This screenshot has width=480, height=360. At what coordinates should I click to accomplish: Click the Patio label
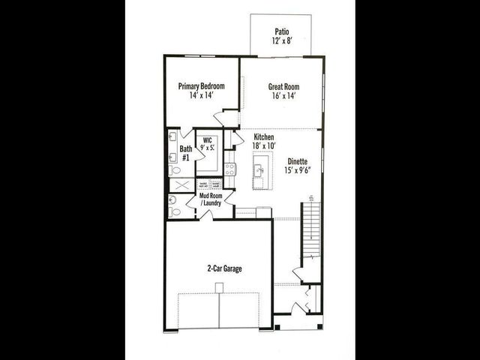pos(282,31)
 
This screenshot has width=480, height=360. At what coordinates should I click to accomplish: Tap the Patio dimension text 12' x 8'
pos(282,42)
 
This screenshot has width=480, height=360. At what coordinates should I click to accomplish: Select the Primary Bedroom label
pos(202,86)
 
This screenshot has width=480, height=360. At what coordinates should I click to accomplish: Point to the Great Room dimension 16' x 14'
pos(283,97)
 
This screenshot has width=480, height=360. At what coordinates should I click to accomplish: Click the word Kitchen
pos(263,136)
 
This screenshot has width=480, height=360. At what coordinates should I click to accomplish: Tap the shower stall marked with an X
pos(181,184)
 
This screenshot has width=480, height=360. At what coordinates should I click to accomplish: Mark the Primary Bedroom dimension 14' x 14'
pos(202,97)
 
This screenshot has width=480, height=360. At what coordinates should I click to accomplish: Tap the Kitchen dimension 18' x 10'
pos(263,147)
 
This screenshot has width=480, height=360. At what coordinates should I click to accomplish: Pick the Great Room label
pos(283,86)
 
